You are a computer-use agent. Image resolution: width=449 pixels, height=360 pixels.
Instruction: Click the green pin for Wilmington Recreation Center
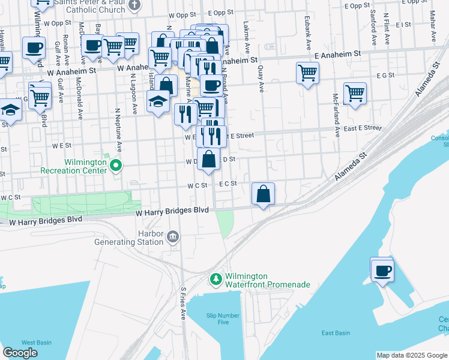116,166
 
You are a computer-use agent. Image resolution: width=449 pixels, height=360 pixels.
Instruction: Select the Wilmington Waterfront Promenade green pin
215,279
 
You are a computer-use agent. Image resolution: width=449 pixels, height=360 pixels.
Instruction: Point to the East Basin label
335,333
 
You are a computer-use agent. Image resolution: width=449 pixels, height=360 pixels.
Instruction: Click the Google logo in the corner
20,353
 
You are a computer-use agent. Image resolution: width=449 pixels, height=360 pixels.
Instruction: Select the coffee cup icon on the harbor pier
382,271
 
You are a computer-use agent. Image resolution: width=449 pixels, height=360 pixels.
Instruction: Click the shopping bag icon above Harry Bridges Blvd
263,194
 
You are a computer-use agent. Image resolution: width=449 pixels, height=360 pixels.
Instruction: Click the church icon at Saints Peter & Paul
134,5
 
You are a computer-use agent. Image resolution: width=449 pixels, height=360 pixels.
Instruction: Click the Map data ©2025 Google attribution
412,355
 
